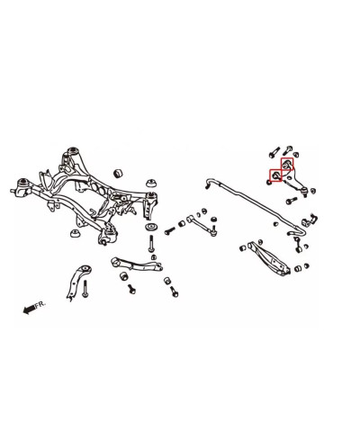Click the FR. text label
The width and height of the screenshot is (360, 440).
coord(40,305)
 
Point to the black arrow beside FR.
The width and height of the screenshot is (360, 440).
coord(30,310)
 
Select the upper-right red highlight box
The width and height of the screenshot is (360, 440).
coord(287,164)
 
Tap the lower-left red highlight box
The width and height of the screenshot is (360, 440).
coord(275,175)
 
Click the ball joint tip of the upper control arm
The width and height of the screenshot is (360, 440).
coord(305,191)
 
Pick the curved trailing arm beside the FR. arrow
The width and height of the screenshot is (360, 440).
coord(77,281)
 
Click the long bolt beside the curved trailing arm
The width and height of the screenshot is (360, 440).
coord(85,289)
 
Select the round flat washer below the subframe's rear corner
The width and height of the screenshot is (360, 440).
coord(152,227)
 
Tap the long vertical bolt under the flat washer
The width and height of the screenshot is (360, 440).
coord(151,244)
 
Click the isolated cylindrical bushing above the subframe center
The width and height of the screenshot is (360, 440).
coord(119,173)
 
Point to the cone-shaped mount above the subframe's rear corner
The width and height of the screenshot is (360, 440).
coord(151,184)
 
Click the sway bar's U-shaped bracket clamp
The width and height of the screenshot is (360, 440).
coord(308,222)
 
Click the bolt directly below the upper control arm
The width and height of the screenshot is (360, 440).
coord(291,201)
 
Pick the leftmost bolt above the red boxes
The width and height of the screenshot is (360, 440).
coord(274,152)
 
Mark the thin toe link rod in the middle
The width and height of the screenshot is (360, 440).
coord(202,225)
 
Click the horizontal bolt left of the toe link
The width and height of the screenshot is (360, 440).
coord(170,231)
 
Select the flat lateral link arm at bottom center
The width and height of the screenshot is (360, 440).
coord(137,264)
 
